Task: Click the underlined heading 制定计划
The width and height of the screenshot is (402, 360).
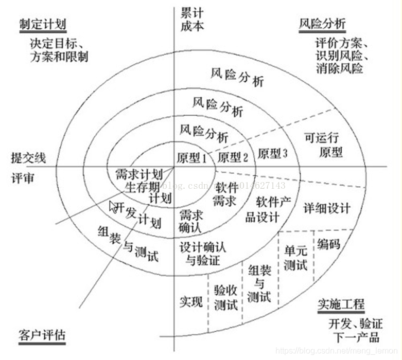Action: click(43, 25)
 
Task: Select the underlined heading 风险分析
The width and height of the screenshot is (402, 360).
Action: click(322, 24)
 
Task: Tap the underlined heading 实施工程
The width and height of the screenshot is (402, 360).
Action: click(341, 303)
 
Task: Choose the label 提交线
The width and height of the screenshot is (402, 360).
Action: click(28, 157)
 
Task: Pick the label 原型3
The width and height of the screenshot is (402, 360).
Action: click(273, 153)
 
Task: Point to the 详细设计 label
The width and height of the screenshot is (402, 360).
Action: click(326, 208)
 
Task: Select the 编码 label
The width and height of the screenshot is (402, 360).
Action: click(329, 244)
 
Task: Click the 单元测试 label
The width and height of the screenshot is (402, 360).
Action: click(295, 257)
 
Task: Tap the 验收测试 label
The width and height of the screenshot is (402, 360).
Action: click(225, 298)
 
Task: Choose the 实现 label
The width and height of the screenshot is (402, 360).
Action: click(190, 301)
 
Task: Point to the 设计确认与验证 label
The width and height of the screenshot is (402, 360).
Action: click(202, 253)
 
